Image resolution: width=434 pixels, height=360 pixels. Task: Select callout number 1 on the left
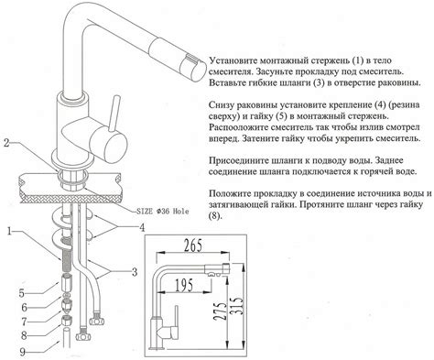pos(6,232)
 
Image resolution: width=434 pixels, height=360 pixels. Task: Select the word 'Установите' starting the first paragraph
pos(241,55)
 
